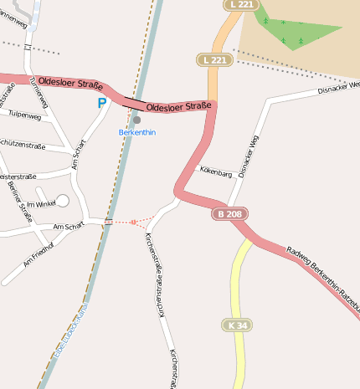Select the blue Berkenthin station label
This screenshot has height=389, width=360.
137,132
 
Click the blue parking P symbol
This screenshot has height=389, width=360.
102,103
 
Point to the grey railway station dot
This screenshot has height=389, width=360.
136,120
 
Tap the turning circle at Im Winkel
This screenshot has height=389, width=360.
63,200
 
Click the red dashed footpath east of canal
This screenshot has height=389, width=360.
132,222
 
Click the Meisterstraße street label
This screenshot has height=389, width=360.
18,177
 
